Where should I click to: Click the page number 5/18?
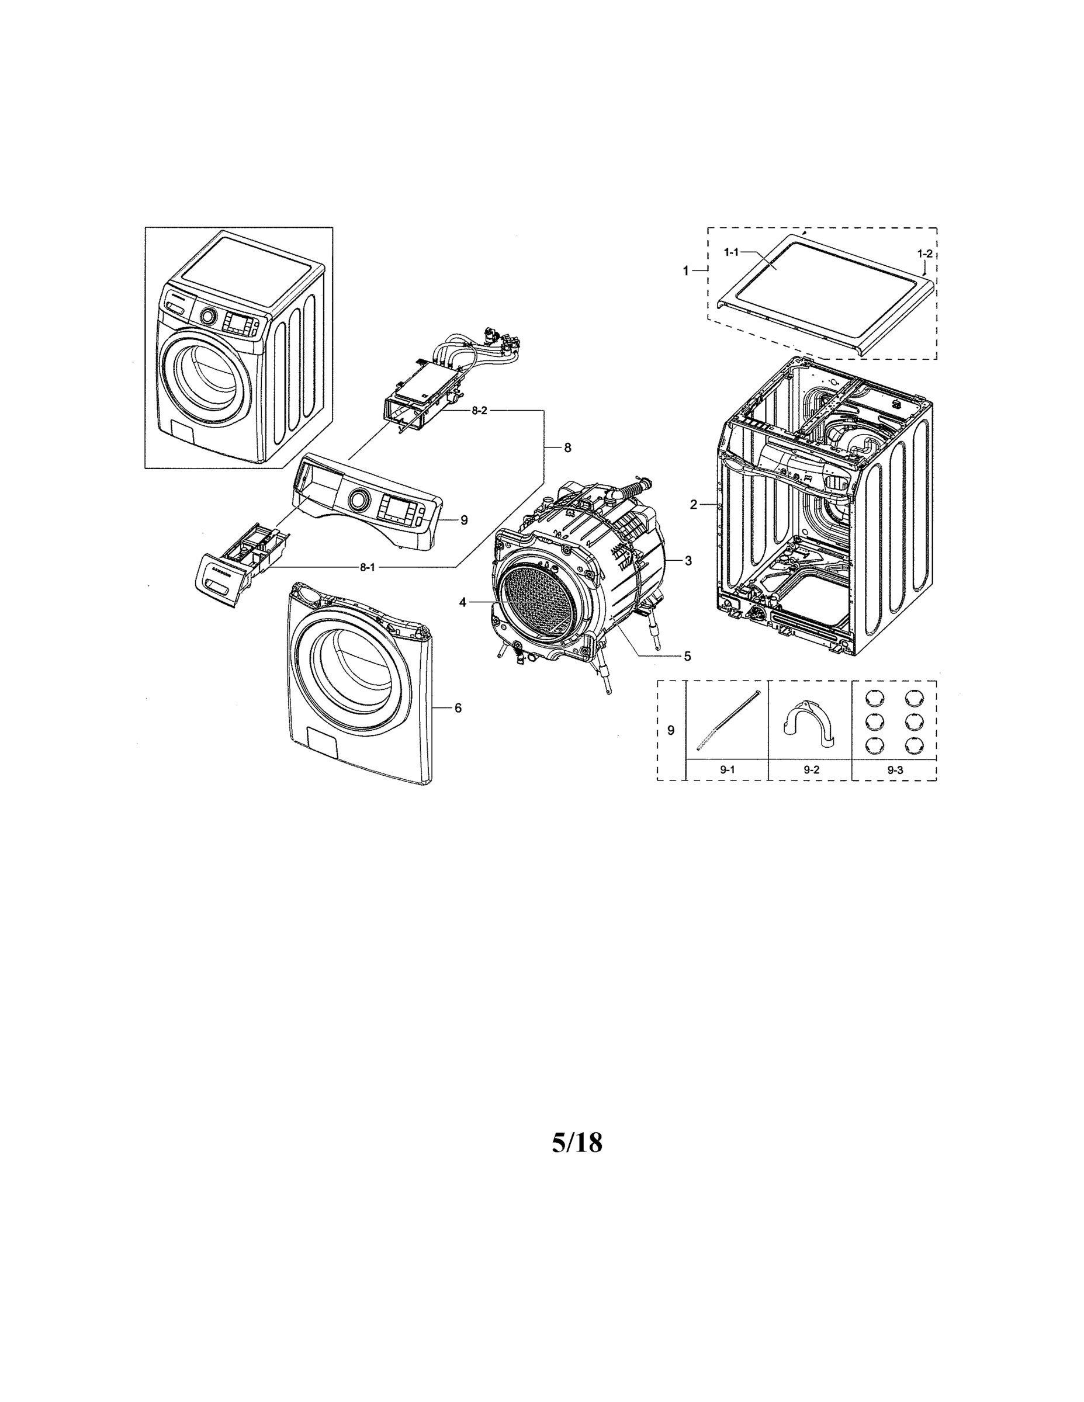pos(577,1143)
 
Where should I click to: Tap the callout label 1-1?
pos(731,252)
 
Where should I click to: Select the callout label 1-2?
pos(924,253)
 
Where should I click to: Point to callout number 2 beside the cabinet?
pos(693,505)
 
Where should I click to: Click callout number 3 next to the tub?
pos(688,560)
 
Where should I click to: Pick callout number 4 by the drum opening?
pos(462,602)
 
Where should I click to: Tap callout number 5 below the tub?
pos(687,655)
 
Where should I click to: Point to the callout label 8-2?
pos(479,411)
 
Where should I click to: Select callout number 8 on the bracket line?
pos(567,448)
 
